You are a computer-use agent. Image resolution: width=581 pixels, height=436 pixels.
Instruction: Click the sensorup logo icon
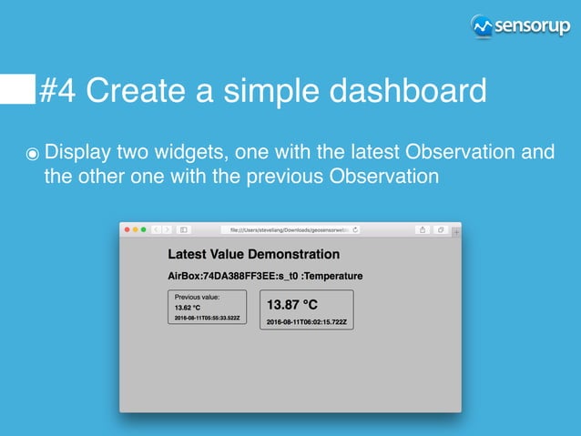pyautogui.click(x=482, y=26)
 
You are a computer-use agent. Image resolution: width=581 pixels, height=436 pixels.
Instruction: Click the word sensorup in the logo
pyautogui.click(x=530, y=26)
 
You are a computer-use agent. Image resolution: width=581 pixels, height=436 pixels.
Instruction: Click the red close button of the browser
pyautogui.click(x=128, y=229)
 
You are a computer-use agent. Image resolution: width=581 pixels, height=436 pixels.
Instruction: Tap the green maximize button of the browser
pyautogui.click(x=143, y=229)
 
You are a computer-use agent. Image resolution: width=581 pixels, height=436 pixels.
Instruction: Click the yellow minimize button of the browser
pyautogui.click(x=136, y=229)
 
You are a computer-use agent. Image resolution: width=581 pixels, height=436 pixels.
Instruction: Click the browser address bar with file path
pyautogui.click(x=290, y=229)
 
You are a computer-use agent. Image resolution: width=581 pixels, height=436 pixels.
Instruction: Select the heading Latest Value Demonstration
pyautogui.click(x=253, y=255)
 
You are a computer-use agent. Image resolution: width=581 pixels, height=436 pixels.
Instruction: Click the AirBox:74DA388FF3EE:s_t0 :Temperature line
pyautogui.click(x=265, y=276)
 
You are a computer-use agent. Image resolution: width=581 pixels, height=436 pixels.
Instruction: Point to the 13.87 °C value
pyautogui.click(x=292, y=304)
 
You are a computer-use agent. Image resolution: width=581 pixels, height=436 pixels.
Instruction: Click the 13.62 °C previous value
pyautogui.click(x=188, y=308)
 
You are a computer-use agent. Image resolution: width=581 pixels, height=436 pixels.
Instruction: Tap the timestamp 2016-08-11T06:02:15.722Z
pyautogui.click(x=306, y=322)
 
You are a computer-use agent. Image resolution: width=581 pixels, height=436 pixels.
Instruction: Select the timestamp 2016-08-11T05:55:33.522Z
pyautogui.click(x=207, y=318)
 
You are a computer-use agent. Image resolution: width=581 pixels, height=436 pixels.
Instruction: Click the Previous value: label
pyautogui.click(x=197, y=297)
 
